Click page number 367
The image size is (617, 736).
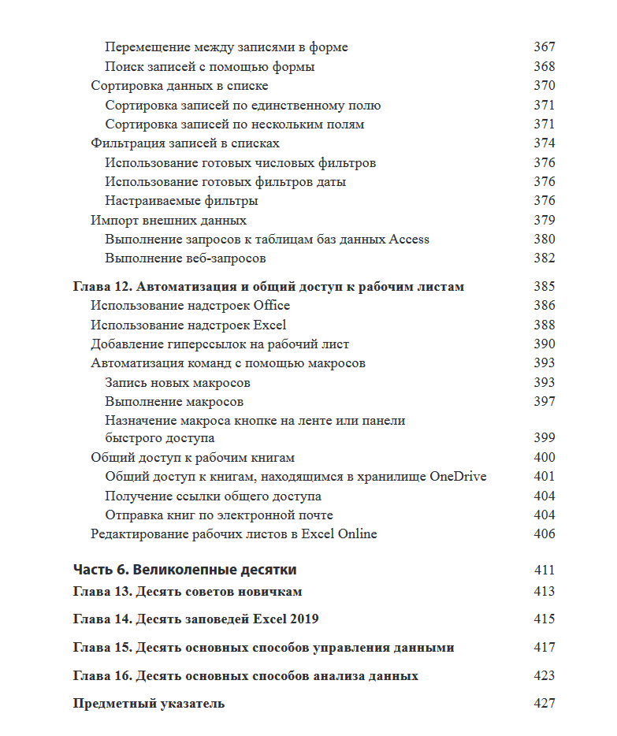click(544, 47)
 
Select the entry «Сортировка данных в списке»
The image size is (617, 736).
click(180, 86)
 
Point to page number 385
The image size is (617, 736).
click(544, 287)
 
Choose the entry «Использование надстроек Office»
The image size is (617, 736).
click(191, 306)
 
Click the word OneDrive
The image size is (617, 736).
click(458, 477)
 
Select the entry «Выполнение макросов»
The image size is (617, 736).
click(174, 402)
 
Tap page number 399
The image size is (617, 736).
click(544, 438)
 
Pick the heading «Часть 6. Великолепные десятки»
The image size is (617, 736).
click(184, 570)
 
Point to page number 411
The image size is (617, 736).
click(544, 570)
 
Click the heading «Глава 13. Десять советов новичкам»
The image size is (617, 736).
click(188, 592)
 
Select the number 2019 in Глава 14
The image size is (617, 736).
click(302, 619)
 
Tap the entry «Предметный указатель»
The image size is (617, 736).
click(149, 704)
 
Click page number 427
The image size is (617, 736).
click(544, 704)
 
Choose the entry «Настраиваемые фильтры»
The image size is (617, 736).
click(182, 201)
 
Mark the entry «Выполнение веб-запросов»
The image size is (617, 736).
click(185, 258)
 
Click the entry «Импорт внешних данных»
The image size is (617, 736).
click(169, 221)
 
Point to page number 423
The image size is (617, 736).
click(544, 676)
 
